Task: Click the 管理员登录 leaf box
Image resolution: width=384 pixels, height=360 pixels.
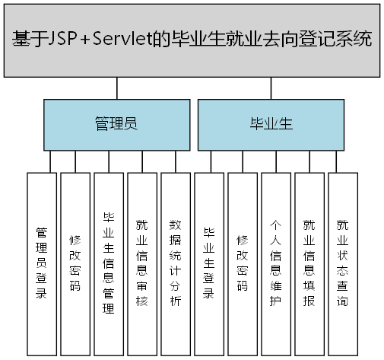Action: coord(42,263)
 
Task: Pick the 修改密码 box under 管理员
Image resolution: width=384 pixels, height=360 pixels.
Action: coord(75,263)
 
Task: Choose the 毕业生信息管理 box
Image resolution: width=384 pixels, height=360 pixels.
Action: coord(109,263)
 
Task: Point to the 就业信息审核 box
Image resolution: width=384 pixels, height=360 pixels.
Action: coord(142,263)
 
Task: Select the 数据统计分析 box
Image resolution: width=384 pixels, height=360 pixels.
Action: coord(176,263)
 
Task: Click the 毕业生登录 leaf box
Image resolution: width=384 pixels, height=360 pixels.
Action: coord(209,263)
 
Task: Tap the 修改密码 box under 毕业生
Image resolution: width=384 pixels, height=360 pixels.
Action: coord(243,263)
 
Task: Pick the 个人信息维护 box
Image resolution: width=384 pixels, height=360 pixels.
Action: coord(276,263)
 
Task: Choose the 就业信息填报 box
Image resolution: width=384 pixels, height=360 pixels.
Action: coord(309,263)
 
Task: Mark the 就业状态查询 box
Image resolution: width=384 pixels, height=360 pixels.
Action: coord(342,263)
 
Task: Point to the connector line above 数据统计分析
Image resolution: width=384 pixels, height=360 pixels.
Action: coord(176,161)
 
